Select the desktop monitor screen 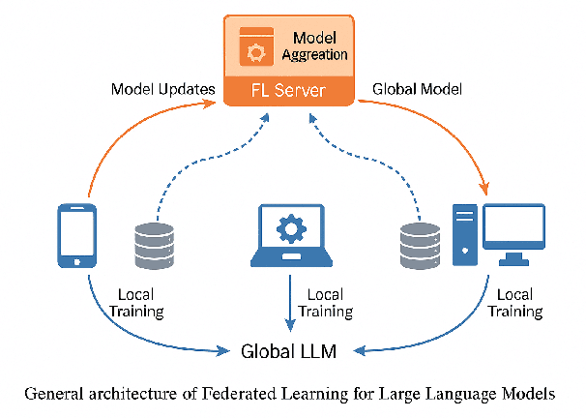coord(513,229)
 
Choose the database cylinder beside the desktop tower coord(418,245)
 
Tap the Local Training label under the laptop coord(325,302)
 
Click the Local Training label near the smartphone coord(140,302)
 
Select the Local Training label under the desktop coord(514,302)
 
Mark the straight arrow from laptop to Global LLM coord(290,305)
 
